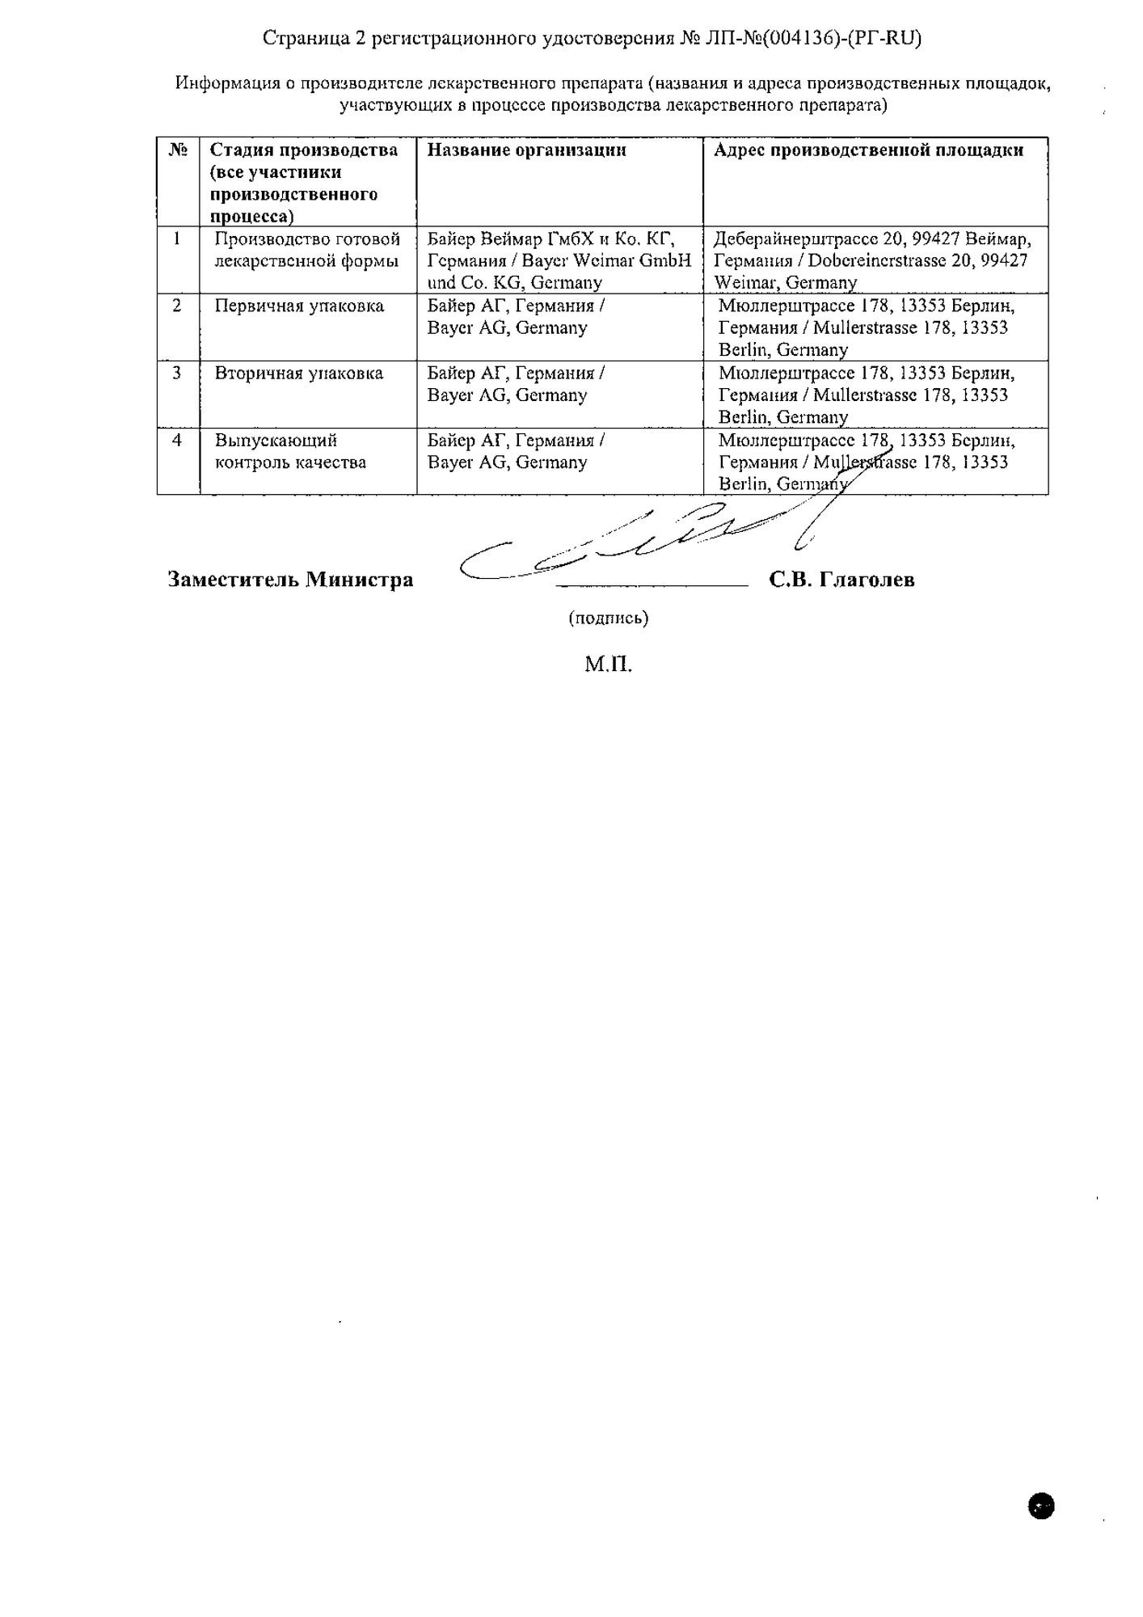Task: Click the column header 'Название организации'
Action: (526, 150)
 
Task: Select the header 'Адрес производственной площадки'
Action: (868, 150)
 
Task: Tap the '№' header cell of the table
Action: (179, 150)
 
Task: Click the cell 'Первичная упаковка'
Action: (299, 306)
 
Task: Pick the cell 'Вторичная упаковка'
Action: (298, 374)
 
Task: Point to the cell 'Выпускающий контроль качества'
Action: (290, 452)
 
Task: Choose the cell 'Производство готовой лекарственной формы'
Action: (307, 250)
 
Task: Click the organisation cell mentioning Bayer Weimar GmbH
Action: (559, 260)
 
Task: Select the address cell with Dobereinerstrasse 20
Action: (872, 260)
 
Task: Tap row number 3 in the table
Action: (177, 374)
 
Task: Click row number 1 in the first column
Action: (177, 239)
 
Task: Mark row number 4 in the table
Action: (177, 441)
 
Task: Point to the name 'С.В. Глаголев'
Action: (842, 580)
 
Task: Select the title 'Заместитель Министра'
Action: (290, 580)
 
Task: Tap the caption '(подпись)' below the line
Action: (608, 619)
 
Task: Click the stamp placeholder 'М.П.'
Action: (608, 665)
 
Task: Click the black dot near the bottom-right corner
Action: (1041, 1505)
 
